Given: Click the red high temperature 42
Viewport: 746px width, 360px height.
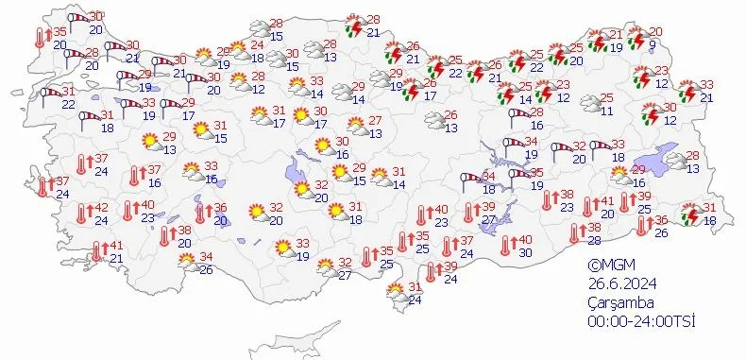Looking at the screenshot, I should pos(99,208).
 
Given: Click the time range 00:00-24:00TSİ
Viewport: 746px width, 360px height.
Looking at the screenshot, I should pos(641,322).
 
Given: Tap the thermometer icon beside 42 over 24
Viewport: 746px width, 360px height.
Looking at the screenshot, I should pos(82,214).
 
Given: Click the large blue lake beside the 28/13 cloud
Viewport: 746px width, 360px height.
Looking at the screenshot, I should pos(668,162).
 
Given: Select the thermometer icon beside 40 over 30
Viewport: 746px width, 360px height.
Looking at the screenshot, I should pos(507,246).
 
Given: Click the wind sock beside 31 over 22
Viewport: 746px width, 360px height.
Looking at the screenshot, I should pos(48,95).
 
